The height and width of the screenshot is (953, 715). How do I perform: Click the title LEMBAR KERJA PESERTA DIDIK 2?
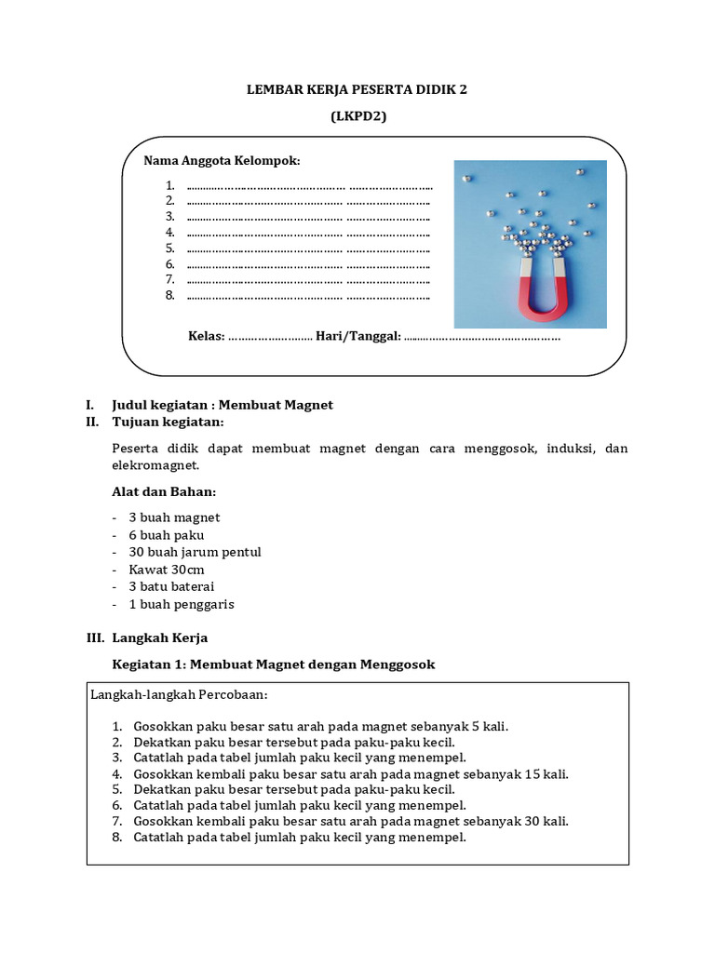(x=357, y=89)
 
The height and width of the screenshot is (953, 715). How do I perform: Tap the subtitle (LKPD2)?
(x=357, y=116)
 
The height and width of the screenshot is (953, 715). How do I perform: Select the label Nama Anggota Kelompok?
(x=222, y=161)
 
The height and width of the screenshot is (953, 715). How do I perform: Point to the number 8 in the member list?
(x=170, y=296)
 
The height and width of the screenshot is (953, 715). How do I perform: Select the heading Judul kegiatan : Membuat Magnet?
(x=222, y=405)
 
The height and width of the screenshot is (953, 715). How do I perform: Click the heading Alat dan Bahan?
(x=164, y=491)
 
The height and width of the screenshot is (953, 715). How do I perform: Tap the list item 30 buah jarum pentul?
(x=195, y=552)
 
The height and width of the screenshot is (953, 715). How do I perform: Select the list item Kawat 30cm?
(x=167, y=570)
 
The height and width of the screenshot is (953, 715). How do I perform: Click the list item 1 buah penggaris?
(x=181, y=604)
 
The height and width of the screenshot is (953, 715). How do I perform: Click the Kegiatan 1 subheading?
(x=273, y=664)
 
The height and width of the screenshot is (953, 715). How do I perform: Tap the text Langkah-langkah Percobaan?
(x=180, y=695)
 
